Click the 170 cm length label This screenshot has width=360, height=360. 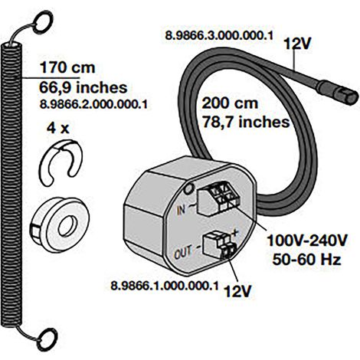tap(67, 67)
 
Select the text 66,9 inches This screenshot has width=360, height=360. tap(83, 87)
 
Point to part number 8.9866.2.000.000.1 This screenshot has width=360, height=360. tap(93, 104)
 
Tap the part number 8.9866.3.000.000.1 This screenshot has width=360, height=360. tap(219, 35)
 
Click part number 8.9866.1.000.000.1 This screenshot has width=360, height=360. tap(165, 286)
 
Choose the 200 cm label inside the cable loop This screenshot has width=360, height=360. tap(230, 103)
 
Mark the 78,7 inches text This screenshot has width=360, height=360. tap(246, 122)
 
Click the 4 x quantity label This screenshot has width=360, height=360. tap(58, 129)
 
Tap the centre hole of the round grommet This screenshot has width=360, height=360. tap(68, 226)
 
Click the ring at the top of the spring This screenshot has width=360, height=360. tap(42, 22)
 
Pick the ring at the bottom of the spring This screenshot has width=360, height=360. tap(47, 339)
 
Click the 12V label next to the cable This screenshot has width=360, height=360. tap(297, 44)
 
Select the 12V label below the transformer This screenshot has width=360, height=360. tap(237, 291)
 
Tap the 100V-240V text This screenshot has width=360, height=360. tap(307, 241)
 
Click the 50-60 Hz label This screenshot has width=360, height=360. tap(307, 260)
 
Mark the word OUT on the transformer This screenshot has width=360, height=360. tap(183, 252)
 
